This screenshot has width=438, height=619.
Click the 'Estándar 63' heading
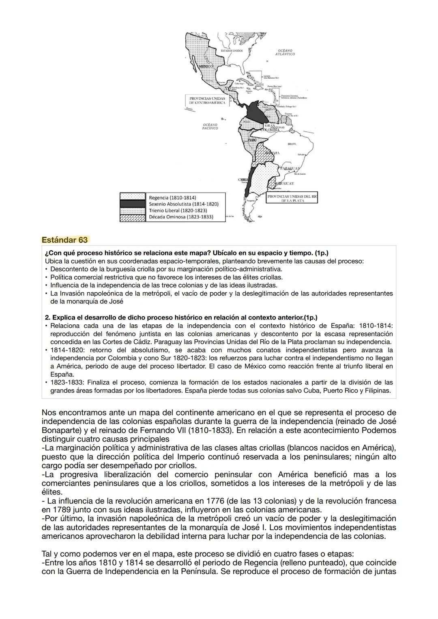[x=65, y=240]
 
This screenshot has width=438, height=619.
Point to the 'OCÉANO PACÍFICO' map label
[x=210, y=127]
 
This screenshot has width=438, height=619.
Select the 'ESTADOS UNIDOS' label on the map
[x=232, y=51]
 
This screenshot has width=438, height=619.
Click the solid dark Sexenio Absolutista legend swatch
[x=133, y=204]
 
